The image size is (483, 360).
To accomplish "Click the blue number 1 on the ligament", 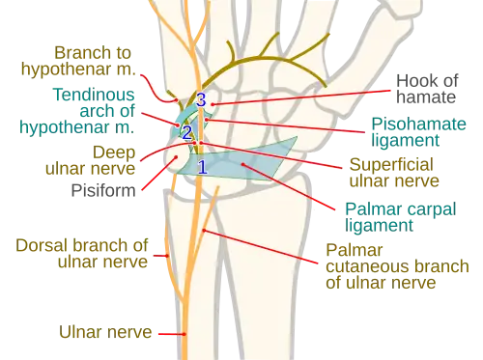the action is (202, 167).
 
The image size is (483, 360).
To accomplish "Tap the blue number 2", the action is (187, 133).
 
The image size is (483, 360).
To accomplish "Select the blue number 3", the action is (201, 99).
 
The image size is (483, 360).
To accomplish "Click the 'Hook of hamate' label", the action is (427, 89).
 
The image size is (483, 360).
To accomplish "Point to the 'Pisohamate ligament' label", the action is (418, 132).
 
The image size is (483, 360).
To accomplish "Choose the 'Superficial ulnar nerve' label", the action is (394, 173).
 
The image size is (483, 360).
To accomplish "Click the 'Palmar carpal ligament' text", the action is (401, 217).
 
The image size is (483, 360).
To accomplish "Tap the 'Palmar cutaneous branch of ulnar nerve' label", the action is (397, 266).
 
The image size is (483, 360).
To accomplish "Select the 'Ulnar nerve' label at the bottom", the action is (105, 332).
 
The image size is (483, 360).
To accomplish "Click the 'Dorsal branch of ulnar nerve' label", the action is (82, 254).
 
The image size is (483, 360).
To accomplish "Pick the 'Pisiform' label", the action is (103, 190).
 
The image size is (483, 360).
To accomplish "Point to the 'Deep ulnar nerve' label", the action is (91, 160).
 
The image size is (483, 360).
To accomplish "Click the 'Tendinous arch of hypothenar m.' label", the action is (77, 111).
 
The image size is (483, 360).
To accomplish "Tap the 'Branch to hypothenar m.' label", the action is (78, 61).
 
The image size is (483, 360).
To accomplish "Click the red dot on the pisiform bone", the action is (176, 157).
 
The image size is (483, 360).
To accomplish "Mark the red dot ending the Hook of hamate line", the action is (213, 104).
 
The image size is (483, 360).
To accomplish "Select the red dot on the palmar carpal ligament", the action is (243, 164).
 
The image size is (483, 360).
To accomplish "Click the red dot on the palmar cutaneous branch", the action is (204, 231).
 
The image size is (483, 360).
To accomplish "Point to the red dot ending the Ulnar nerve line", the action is (185, 334).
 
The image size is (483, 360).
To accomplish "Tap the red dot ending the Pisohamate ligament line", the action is (207, 120).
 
